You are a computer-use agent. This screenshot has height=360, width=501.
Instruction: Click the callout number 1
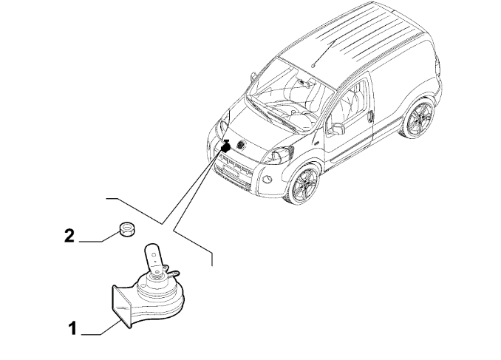tap(73, 328)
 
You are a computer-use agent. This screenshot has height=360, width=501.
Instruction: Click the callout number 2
tap(69, 236)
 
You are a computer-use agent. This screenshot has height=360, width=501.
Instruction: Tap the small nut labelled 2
tap(127, 229)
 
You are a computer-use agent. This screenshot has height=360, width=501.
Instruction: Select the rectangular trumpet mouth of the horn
tap(121, 306)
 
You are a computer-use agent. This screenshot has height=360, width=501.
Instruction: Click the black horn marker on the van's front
tap(226, 146)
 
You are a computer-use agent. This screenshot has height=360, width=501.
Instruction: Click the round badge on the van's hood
tap(241, 145)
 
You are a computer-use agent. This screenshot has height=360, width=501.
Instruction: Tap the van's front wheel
tap(303, 184)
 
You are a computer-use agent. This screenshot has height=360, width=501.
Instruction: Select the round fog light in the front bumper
tap(267, 179)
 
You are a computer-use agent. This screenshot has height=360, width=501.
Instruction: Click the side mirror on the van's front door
tap(338, 128)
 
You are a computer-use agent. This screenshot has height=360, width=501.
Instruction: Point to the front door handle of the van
tap(370, 116)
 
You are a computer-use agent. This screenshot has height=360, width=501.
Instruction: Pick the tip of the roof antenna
tap(313, 67)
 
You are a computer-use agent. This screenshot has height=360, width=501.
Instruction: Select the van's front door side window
tap(348, 102)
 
